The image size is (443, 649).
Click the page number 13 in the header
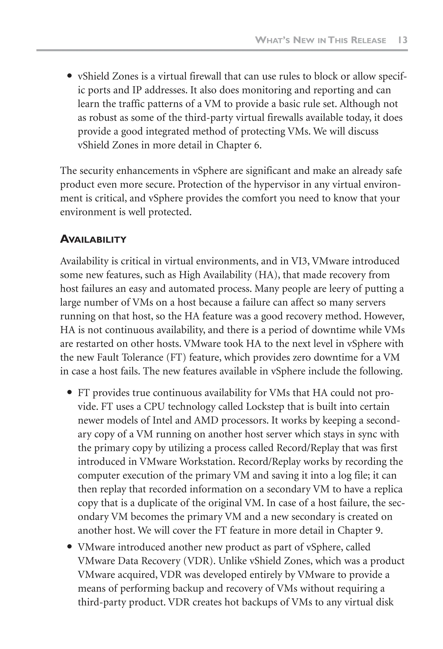[402, 40]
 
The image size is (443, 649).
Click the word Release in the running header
[368, 40]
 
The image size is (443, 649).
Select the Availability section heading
[93, 239]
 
